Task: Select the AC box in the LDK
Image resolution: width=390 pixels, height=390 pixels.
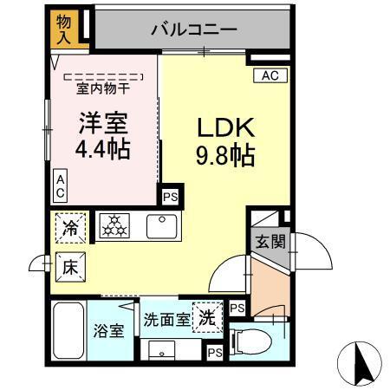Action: tap(270, 76)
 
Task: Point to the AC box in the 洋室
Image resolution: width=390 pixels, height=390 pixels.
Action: tap(61, 184)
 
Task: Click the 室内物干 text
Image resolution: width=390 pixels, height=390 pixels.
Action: tap(103, 88)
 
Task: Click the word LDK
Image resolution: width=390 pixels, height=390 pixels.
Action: tap(224, 127)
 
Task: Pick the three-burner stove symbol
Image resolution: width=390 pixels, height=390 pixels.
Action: tap(113, 226)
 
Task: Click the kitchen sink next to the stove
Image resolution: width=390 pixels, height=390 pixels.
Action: tap(162, 226)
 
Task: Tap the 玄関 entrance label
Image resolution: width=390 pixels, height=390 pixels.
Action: tap(270, 241)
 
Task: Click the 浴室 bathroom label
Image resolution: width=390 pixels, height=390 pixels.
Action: tap(108, 330)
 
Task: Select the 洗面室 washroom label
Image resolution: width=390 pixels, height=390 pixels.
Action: tap(166, 319)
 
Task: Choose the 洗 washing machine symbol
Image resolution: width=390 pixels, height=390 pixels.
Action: tap(206, 316)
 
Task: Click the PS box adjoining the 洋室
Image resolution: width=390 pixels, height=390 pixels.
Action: tap(170, 196)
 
